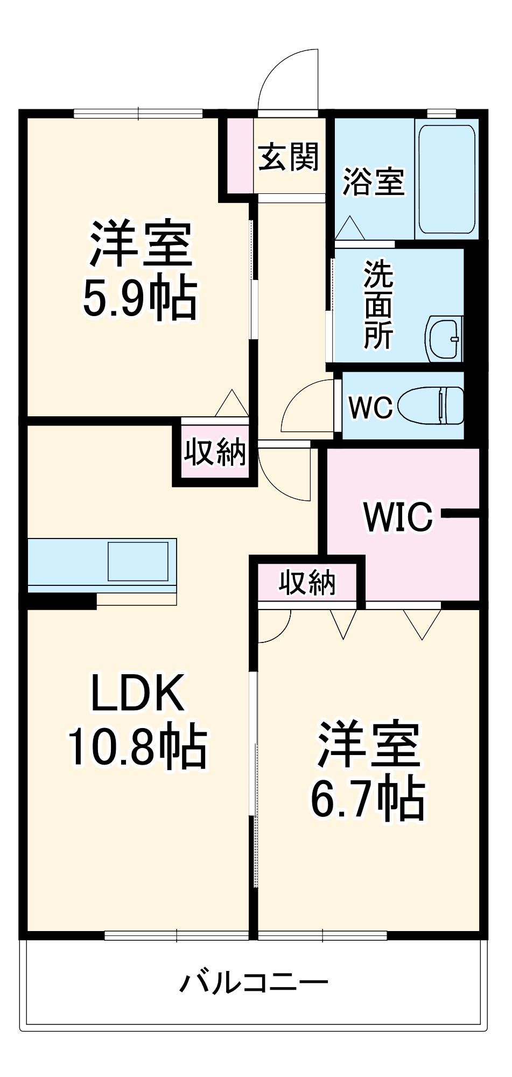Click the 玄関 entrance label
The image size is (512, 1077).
coord(289,157)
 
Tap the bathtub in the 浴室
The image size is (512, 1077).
coord(446,179)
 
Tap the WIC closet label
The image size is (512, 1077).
coord(398,516)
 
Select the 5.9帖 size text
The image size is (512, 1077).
coord(139,298)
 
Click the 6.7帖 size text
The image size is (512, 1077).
coord(368,799)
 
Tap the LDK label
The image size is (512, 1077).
coord(138,693)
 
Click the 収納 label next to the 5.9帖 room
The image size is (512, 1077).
coord(215,452)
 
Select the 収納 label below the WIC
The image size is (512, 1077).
coord(307,582)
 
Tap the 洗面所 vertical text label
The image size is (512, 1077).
coord(378,304)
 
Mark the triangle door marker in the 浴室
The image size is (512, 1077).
coord(350,228)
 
